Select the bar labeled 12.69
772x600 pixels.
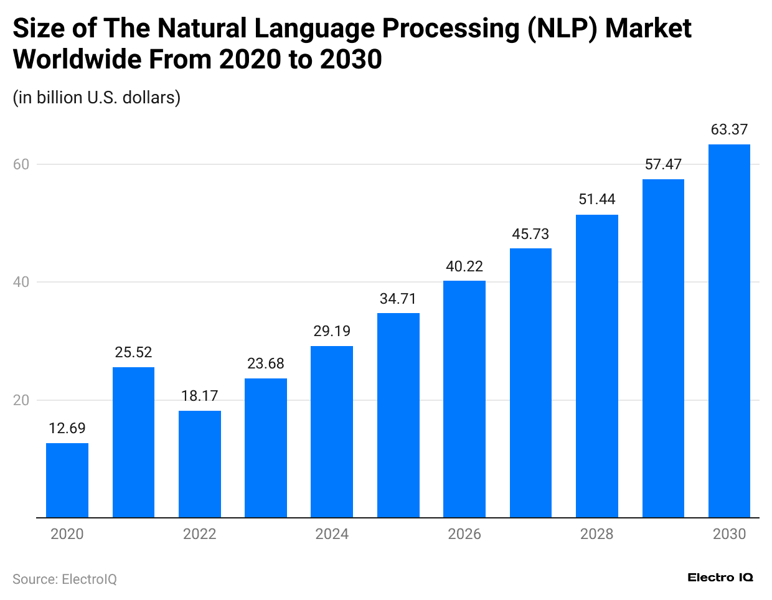[x=67, y=480]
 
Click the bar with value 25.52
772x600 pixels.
[x=133, y=442]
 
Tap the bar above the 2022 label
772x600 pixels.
[x=200, y=464]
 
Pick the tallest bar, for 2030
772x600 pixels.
[x=729, y=330]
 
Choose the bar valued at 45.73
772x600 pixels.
[x=530, y=383]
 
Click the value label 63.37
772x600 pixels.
[x=729, y=129]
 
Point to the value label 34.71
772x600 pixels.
[x=398, y=299]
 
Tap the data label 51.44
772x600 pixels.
[x=596, y=199]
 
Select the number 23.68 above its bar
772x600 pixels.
[x=266, y=363]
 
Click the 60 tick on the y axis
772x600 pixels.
[x=21, y=164]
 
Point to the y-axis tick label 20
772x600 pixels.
[x=21, y=400]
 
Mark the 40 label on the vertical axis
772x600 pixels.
[x=21, y=282]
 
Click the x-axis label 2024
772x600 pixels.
[x=332, y=534]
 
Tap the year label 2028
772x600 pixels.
[x=596, y=534]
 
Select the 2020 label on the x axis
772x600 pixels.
[x=67, y=534]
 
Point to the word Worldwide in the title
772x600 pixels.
[x=75, y=60]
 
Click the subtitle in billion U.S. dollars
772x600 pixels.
[x=96, y=98]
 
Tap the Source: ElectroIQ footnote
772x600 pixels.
[x=65, y=579]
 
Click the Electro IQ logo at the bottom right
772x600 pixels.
[x=720, y=578]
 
